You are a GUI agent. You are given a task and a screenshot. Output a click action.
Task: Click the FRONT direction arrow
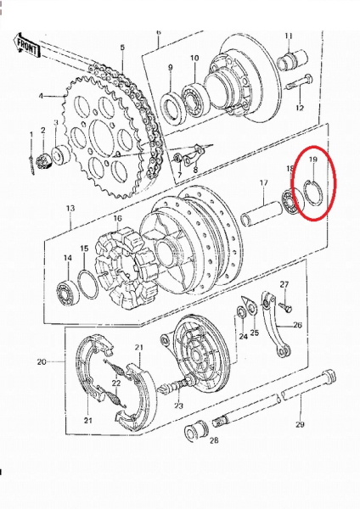click(26, 46)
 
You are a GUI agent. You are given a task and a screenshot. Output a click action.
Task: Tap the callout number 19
click(313, 159)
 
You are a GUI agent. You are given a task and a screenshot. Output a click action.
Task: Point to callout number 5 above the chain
click(122, 48)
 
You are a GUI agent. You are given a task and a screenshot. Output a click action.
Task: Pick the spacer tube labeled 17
click(261, 213)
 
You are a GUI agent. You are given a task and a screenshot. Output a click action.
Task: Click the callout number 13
click(70, 208)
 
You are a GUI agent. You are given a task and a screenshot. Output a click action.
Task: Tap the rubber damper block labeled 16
click(125, 268)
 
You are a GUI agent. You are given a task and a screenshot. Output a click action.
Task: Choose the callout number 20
click(42, 361)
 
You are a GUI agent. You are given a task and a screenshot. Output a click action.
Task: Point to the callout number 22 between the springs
click(116, 383)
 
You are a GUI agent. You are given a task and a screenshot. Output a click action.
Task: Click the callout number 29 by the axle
click(300, 424)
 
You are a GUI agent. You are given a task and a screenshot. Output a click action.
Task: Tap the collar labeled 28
click(196, 430)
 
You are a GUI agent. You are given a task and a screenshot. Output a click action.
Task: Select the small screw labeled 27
click(285, 307)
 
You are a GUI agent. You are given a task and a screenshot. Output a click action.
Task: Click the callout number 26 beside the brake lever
click(298, 325)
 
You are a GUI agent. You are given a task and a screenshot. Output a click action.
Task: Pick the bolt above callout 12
click(300, 83)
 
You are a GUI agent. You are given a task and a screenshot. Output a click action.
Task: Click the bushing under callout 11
click(292, 59)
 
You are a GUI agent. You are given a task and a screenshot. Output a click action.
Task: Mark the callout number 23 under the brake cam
click(178, 406)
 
